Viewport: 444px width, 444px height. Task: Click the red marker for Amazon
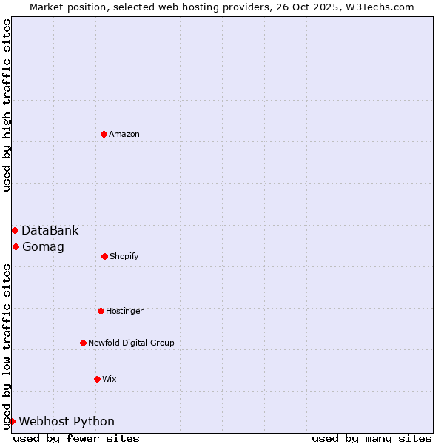(x=104, y=134)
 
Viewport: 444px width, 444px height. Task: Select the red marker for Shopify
(x=104, y=256)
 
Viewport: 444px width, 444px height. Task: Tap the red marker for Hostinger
(x=101, y=311)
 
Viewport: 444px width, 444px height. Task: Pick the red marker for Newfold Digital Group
(x=83, y=343)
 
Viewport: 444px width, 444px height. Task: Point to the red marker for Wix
(x=97, y=379)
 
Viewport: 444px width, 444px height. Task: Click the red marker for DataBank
(x=15, y=230)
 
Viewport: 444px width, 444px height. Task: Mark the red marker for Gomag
(x=16, y=246)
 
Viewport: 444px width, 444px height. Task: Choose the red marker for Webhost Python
(x=12, y=421)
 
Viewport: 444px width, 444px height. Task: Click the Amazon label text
(x=124, y=134)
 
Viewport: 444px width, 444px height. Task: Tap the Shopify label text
(x=124, y=256)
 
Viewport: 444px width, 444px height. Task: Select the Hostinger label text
(x=124, y=311)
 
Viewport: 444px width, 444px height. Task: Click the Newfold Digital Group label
(x=131, y=343)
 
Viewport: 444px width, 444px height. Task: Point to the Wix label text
(x=110, y=379)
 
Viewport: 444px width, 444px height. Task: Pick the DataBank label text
(x=50, y=230)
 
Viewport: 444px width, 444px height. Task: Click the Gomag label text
(x=43, y=246)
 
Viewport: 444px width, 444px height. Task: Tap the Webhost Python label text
(x=67, y=421)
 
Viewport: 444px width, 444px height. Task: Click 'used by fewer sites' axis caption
(x=76, y=438)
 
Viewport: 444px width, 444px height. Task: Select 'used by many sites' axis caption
(x=371, y=438)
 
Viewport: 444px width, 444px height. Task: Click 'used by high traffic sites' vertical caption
(x=7, y=105)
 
